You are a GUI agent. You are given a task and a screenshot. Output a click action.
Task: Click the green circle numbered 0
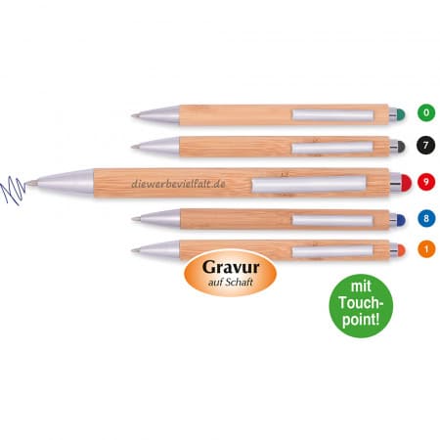pos(426,112)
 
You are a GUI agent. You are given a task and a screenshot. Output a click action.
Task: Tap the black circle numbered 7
pos(426,145)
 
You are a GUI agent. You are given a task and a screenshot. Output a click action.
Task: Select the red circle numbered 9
pos(426,181)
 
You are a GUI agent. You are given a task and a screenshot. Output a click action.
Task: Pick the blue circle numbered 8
pos(426,218)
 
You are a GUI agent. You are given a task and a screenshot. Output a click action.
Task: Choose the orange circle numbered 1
pos(426,249)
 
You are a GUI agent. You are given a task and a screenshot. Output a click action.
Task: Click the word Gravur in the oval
pos(231,268)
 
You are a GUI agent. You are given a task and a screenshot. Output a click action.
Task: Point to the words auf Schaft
pos(231,283)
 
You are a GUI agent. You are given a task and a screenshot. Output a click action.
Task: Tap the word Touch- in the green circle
pos(361,303)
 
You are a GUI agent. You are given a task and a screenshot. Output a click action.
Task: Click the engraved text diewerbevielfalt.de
pos(178,184)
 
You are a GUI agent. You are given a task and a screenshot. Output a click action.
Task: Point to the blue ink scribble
pos(14,191)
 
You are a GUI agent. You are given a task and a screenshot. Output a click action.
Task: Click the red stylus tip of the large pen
pos(406,183)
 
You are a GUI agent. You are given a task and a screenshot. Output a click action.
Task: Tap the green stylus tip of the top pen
pos(401,114)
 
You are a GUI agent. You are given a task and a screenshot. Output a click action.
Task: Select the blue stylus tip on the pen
pos(401,219)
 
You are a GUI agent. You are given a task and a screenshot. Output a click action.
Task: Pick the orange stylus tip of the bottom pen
pos(401,249)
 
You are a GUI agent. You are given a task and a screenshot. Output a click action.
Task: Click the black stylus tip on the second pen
pos(401,147)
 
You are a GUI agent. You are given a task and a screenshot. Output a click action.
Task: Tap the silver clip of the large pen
pos(309,185)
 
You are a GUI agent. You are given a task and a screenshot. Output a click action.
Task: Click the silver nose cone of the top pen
pos(155,115)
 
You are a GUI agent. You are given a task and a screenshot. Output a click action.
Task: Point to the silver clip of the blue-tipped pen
pos(332,220)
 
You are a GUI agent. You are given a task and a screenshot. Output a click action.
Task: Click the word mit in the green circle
pos(361,286)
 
